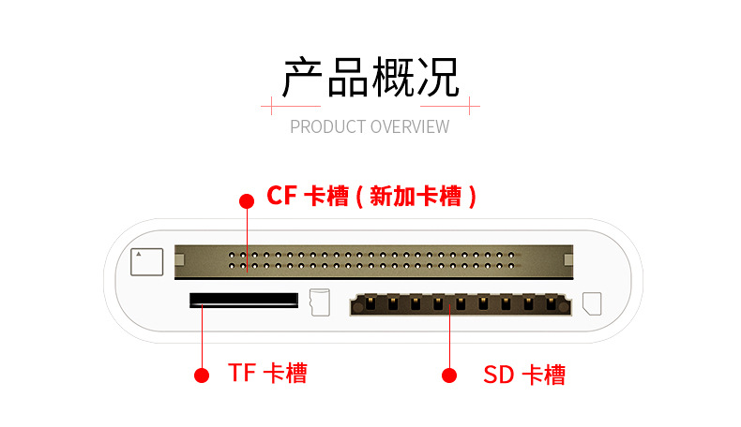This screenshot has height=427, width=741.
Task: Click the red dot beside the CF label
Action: (247, 200)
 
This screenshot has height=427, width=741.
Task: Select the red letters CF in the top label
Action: (281, 196)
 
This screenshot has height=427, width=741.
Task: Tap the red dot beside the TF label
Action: (201, 375)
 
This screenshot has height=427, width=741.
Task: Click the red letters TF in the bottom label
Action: (242, 373)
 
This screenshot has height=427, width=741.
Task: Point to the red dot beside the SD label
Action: (449, 375)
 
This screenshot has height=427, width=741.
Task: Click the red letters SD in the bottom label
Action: (498, 375)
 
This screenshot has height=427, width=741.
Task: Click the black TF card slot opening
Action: (243, 300)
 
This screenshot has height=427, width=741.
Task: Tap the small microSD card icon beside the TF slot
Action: (319, 302)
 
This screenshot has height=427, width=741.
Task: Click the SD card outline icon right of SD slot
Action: (592, 303)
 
